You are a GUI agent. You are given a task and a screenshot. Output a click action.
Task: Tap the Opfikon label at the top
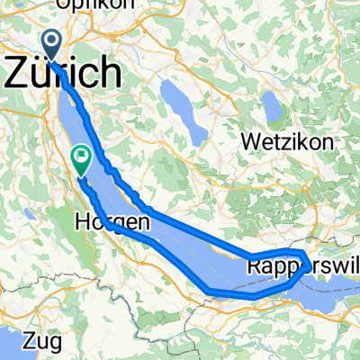point(91,5)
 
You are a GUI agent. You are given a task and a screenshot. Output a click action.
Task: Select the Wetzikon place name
point(287,141)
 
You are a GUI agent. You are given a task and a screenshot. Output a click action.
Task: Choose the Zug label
point(37,340)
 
